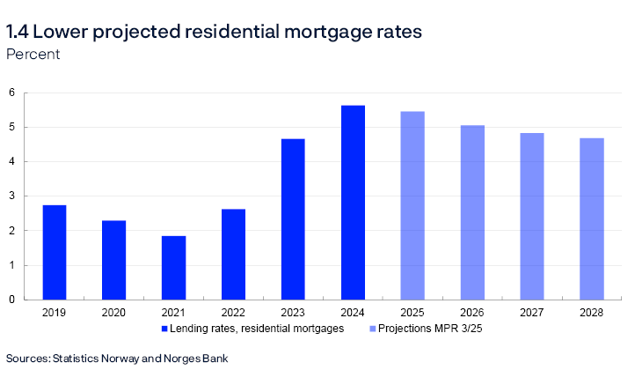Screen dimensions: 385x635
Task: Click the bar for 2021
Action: click(x=173, y=268)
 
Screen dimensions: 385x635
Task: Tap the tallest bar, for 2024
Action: click(x=353, y=203)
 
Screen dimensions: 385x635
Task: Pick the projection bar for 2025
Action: click(x=412, y=205)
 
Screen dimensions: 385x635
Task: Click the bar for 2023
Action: click(x=293, y=219)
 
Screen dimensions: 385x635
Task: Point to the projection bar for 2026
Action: click(x=472, y=212)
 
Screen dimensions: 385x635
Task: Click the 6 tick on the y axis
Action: click(x=12, y=93)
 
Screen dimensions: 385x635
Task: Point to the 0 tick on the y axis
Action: click(x=12, y=300)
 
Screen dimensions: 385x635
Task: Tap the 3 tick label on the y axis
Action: click(x=12, y=196)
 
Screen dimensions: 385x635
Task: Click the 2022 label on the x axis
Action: click(x=233, y=312)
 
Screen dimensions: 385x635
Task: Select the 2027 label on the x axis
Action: click(x=532, y=312)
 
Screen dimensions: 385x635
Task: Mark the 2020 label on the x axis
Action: click(x=113, y=312)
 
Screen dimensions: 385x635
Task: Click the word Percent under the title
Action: click(x=33, y=54)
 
